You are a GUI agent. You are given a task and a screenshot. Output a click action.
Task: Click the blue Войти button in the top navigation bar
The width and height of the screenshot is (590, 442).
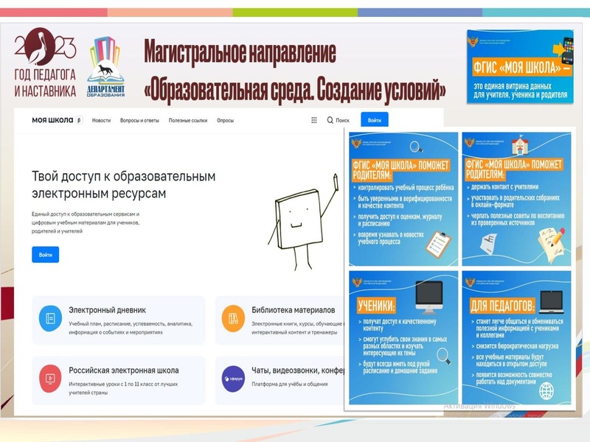tap(375, 120)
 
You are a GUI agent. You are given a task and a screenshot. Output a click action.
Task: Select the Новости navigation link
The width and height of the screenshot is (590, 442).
tap(102, 120)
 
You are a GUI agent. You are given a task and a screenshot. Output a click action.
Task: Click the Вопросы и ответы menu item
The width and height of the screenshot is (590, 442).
tap(140, 120)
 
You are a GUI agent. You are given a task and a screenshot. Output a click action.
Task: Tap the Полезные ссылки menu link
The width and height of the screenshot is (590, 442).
tap(188, 120)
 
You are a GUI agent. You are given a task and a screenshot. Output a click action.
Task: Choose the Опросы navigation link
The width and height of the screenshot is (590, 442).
tap(225, 120)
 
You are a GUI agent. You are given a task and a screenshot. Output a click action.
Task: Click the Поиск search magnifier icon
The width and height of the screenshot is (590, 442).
tap(330, 120)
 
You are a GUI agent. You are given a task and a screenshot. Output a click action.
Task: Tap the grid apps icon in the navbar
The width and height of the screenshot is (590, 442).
tap(314, 120)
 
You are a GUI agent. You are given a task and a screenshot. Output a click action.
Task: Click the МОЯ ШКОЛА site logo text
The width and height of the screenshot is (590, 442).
tap(53, 120)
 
